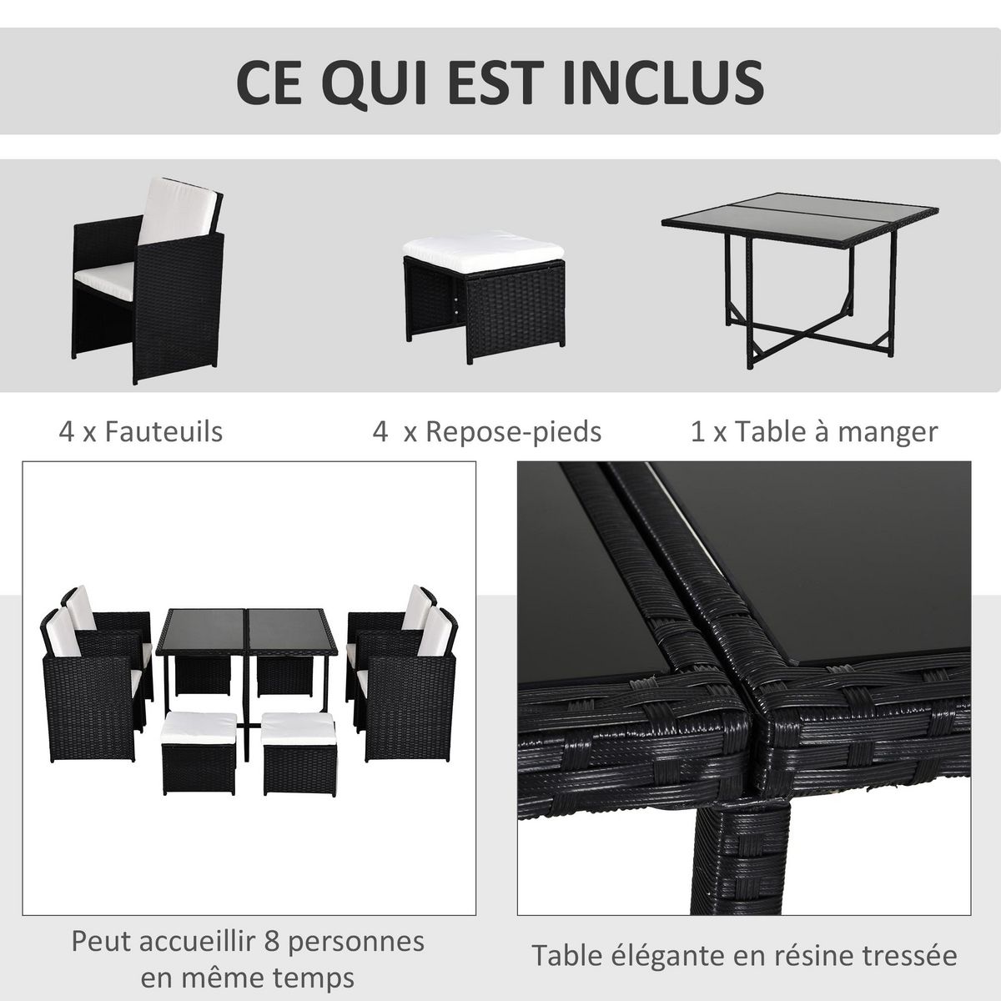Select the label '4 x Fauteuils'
[141, 431]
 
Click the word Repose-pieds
[513, 431]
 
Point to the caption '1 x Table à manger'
[814, 431]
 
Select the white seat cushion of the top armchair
[104, 274]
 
